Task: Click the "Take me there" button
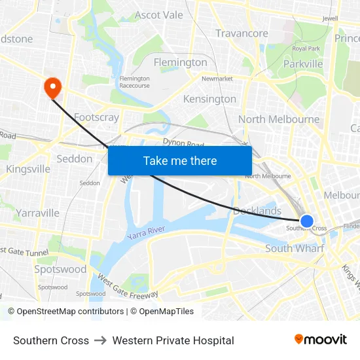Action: (180, 160)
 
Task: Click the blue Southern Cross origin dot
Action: (306, 221)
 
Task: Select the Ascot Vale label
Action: (159, 15)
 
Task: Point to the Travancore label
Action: (242, 33)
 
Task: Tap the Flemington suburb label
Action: (180, 63)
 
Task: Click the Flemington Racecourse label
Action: (134, 82)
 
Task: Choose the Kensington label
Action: (209, 99)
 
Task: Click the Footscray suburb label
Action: (96, 118)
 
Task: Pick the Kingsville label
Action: (28, 169)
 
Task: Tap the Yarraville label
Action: (38, 213)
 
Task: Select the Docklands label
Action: (257, 211)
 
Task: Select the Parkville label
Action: (303, 64)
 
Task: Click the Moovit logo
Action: (321, 340)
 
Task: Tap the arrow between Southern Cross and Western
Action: (101, 340)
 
